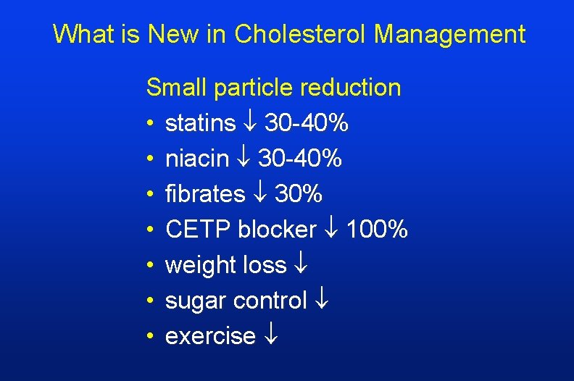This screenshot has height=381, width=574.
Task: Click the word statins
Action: click(x=201, y=123)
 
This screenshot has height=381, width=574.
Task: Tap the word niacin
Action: click(x=197, y=159)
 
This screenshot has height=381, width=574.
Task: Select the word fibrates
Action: click(x=206, y=194)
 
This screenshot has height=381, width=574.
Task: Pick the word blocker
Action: click(x=278, y=230)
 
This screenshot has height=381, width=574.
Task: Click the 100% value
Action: click(x=377, y=230)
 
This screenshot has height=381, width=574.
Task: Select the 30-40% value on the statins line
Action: click(x=307, y=123)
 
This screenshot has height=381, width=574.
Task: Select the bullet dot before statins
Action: click(x=150, y=124)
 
